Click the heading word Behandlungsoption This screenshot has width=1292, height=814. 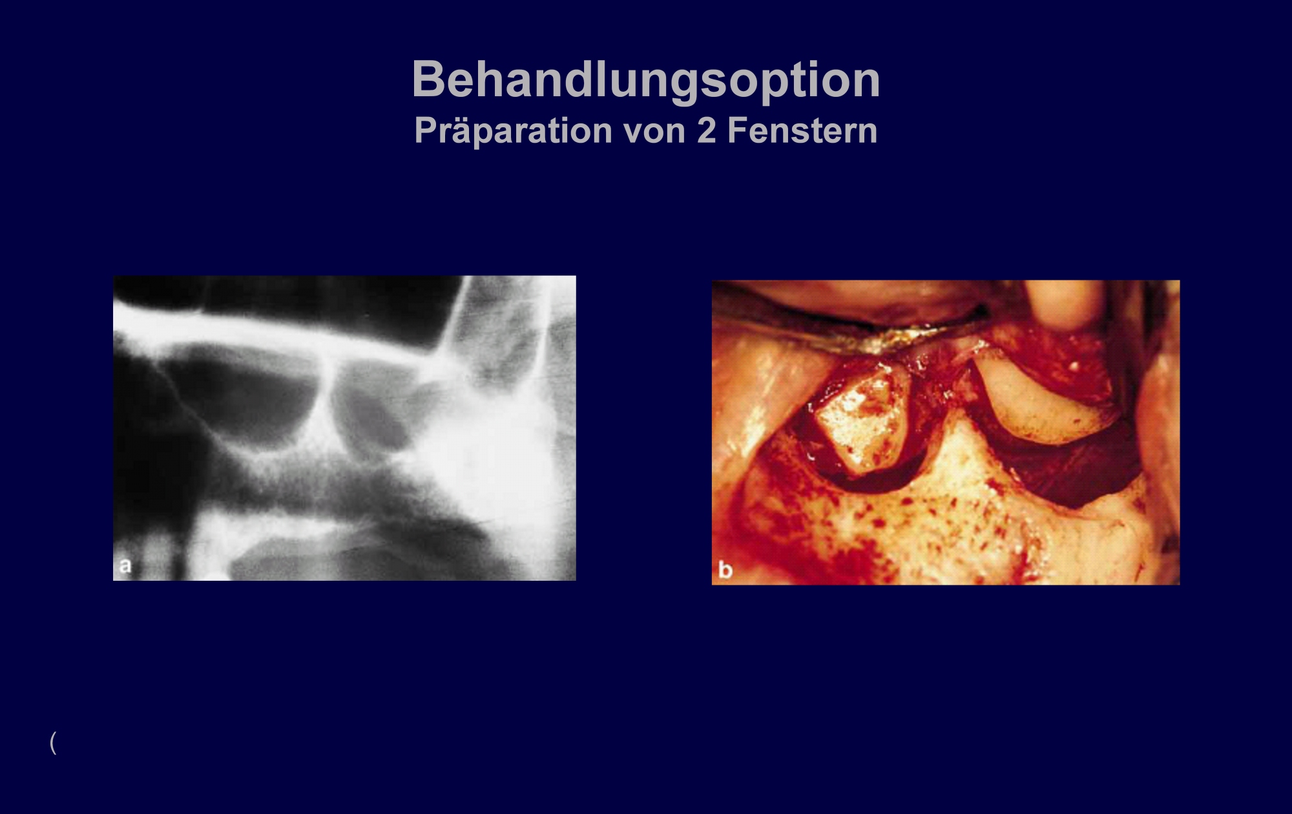click(646, 80)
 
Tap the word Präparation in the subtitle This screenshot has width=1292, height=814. click(514, 131)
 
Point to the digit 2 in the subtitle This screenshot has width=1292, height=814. click(707, 131)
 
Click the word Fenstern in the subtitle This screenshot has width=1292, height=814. click(802, 131)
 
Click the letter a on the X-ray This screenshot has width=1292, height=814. click(125, 566)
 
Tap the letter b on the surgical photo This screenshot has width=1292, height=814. click(725, 570)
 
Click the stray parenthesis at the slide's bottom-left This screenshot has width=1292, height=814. click(53, 743)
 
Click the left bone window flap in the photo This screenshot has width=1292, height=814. click(859, 420)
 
